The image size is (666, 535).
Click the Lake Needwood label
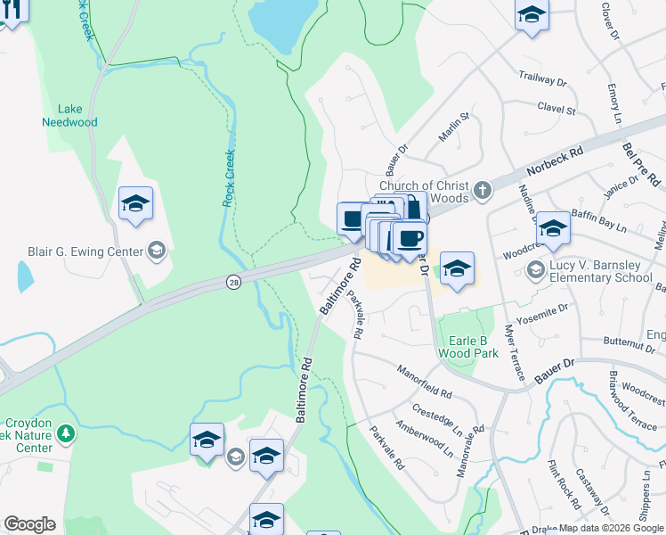69,115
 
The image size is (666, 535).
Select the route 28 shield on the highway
232,281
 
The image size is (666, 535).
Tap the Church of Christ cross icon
482,190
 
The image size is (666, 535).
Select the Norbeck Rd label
554,161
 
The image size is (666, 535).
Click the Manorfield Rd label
424,381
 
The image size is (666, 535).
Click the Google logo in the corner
29,524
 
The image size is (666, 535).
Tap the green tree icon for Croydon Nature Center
64,433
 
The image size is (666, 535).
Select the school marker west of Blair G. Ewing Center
135,204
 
